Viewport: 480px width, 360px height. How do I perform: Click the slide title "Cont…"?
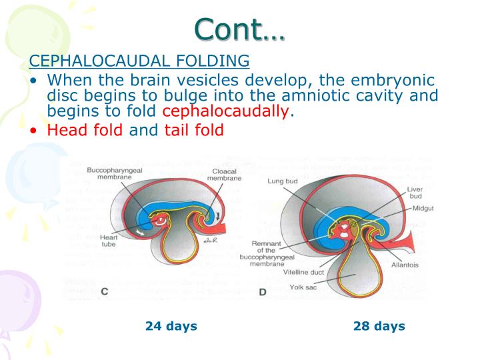coord(239,28)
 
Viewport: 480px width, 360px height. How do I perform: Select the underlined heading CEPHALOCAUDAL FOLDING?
coord(139,61)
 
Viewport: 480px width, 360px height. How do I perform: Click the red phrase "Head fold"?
coord(85,130)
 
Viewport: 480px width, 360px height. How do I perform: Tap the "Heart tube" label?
coord(109,241)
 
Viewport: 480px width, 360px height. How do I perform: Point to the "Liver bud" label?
coord(415,194)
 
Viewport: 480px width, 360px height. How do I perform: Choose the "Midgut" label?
coord(423,209)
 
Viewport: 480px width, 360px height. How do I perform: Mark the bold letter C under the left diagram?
coord(105,291)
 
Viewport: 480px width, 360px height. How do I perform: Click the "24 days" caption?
coord(171,326)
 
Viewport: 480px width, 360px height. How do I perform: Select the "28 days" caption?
coord(379,326)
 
